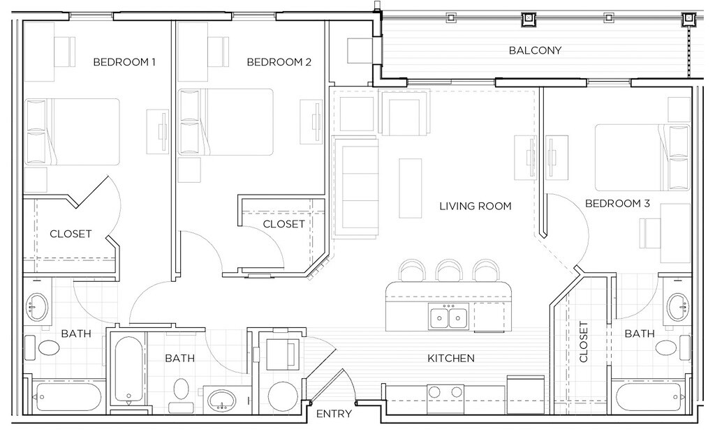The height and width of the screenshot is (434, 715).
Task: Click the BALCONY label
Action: (x=535, y=50)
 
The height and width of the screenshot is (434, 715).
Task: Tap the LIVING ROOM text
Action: (x=475, y=206)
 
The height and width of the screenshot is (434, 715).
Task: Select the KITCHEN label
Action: (x=451, y=359)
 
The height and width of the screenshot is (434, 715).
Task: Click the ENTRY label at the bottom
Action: (x=334, y=414)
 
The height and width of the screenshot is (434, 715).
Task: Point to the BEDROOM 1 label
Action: (x=124, y=62)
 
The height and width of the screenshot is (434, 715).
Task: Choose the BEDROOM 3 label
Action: (x=617, y=203)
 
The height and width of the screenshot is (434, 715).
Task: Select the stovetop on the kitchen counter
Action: (x=445, y=393)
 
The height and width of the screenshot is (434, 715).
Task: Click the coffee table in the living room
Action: (x=411, y=188)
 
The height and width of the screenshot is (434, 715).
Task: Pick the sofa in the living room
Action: (x=355, y=187)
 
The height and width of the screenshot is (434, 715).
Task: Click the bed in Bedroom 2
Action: (x=226, y=122)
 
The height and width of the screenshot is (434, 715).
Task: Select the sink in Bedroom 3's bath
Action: (x=677, y=307)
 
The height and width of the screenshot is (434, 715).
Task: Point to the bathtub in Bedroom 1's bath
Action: (x=68, y=397)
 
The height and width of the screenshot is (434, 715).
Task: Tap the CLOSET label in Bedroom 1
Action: (x=71, y=234)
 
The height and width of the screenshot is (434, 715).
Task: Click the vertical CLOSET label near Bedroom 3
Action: (x=584, y=342)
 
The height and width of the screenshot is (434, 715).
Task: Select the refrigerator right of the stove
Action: (x=526, y=394)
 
